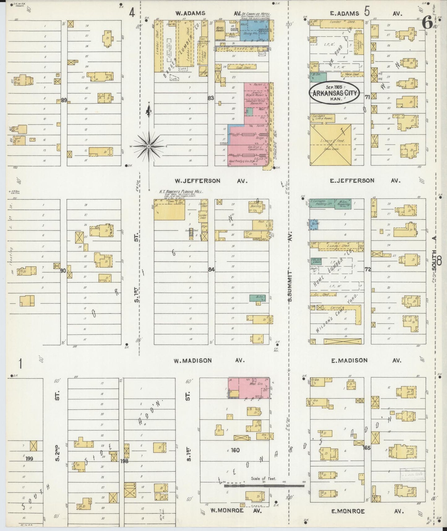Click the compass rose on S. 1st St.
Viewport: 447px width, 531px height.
[x=149, y=146]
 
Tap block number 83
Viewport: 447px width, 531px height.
[x=211, y=98]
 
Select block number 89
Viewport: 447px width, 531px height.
[x=64, y=100]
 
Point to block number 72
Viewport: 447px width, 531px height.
[x=367, y=270]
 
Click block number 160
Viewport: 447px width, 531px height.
[x=235, y=450]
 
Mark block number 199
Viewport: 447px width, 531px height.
[x=29, y=459]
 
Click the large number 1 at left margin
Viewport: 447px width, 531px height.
[x=21, y=363]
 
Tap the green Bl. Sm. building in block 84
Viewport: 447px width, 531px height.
[x=255, y=298]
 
